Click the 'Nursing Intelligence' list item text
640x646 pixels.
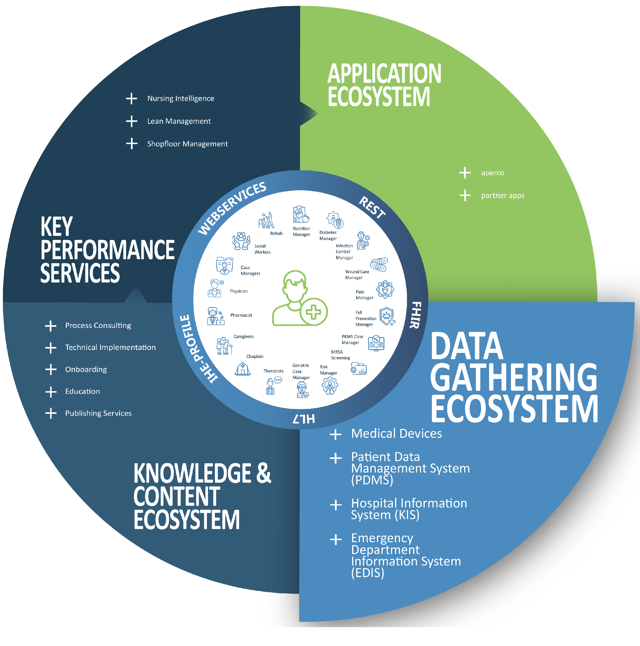coord(180,99)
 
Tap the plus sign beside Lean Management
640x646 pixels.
coord(132,121)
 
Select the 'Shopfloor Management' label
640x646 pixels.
coord(187,144)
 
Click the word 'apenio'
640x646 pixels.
coord(493,173)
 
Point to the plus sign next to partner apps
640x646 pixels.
coord(465,195)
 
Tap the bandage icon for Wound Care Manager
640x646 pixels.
coord(379,265)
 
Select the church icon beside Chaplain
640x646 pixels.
coord(243,369)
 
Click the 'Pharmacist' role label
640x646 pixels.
coord(241,315)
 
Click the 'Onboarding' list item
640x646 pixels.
coord(86,370)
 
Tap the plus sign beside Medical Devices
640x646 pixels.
coord(336,434)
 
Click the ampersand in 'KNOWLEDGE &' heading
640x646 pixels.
coord(264,473)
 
